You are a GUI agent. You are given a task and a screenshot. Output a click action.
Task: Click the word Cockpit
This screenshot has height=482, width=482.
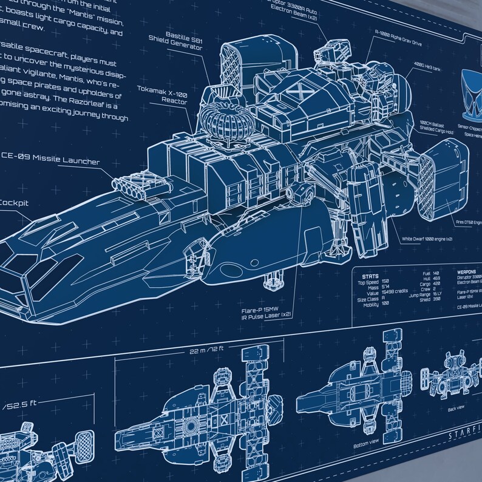tap(13, 204)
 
